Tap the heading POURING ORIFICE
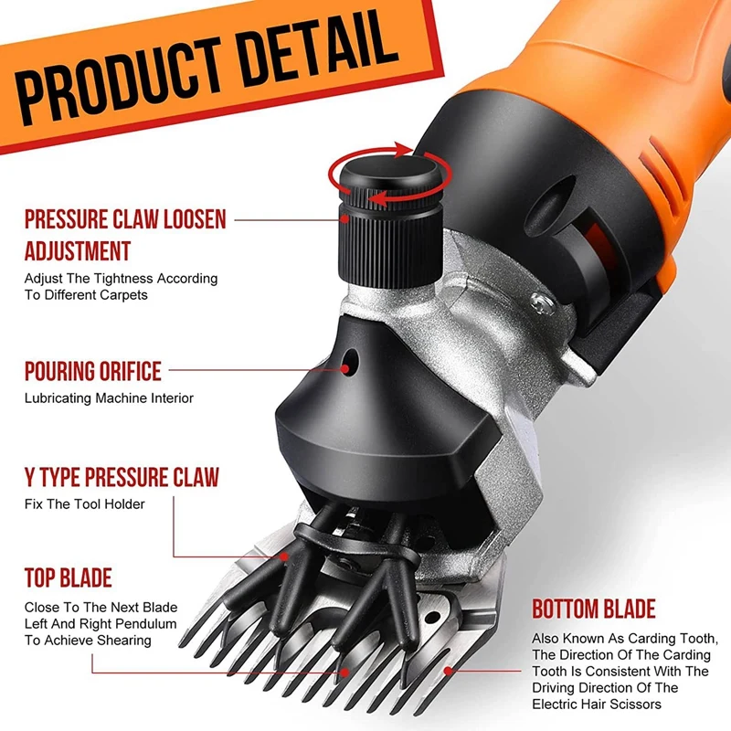point(93,371)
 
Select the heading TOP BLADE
point(68,577)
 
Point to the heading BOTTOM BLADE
point(594,609)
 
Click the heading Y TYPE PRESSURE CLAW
point(122,477)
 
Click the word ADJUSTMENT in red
point(78,250)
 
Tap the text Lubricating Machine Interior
point(109,398)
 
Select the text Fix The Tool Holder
point(84,504)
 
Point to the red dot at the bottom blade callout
point(448,671)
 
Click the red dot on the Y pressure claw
point(284,556)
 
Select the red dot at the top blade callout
point(344,673)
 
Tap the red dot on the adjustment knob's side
point(344,218)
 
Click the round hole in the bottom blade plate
point(432,618)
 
